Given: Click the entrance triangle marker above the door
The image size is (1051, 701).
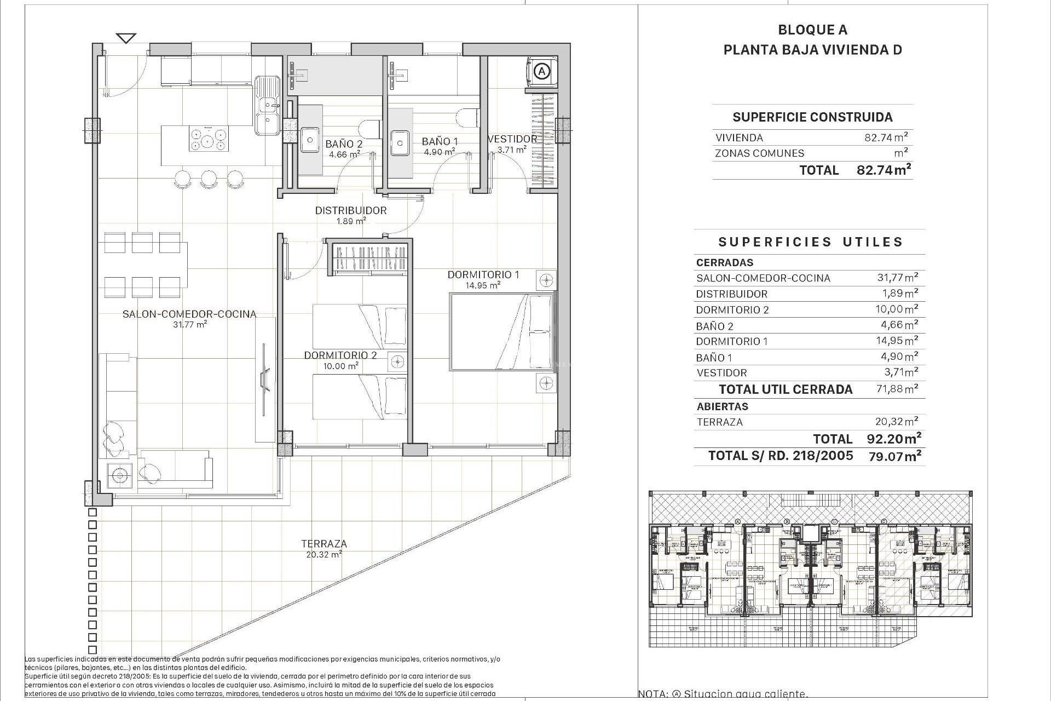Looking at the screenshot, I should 126,38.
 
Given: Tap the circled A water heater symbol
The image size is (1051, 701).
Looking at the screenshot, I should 542,71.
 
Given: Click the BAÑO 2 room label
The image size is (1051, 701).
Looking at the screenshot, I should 344,143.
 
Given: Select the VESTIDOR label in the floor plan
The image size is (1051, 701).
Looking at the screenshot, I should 512,139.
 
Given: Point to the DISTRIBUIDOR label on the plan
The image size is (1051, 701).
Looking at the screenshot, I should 351,210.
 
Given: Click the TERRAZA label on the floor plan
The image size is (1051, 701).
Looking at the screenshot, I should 324,544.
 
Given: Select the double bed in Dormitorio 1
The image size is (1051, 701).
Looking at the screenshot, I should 501,332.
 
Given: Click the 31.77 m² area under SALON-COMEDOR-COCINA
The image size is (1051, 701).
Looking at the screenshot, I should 189,324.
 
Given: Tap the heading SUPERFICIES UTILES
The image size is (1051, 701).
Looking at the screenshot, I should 810,242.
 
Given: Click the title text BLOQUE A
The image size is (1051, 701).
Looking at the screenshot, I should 812,30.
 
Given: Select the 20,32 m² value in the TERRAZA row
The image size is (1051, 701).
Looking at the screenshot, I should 896,422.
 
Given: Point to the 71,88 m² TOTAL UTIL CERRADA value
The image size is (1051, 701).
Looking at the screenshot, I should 896,389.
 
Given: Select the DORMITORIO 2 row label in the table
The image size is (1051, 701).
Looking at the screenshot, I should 732,310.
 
